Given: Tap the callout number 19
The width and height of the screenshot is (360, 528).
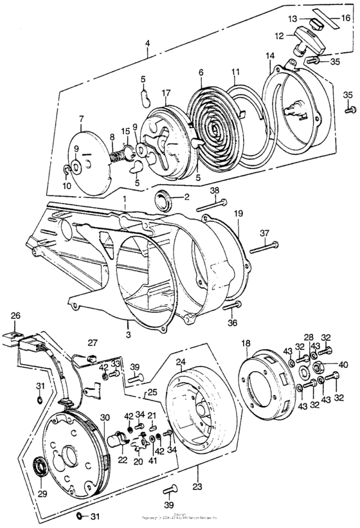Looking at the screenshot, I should [238, 212].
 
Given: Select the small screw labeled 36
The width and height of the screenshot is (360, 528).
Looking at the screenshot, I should [237, 305].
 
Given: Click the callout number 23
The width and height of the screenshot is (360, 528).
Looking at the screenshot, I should [194, 477].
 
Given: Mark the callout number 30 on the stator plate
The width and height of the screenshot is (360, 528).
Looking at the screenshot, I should [87, 400].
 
